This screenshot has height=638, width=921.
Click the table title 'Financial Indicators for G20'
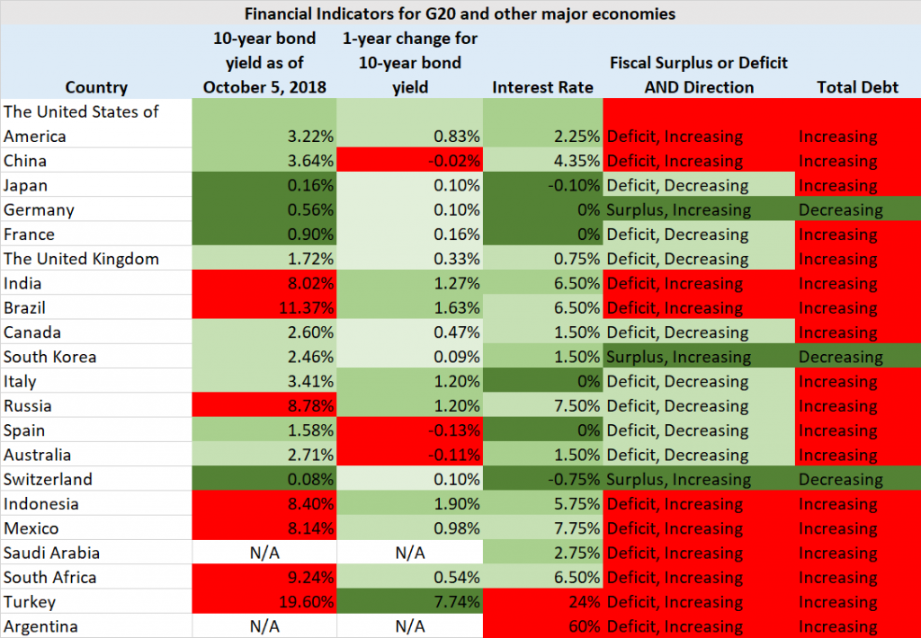pos(460,13)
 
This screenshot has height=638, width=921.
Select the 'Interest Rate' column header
pos(542,87)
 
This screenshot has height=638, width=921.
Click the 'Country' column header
pos(96,87)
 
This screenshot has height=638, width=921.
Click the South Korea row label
pos(50,357)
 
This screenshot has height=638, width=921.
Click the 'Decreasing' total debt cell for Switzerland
pos(841,480)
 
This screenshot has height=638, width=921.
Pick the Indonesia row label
pos(41,504)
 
